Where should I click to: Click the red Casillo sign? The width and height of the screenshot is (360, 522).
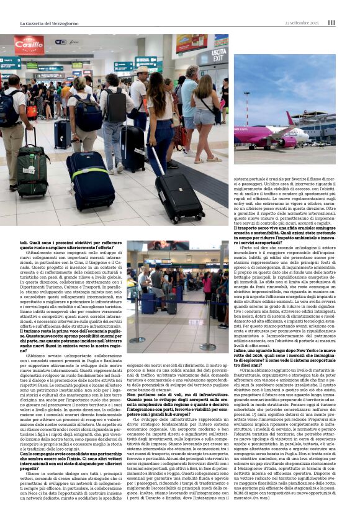pyautogui.click(x=29, y=46)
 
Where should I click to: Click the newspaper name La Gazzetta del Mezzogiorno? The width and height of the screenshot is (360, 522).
pyautogui.click(x=53, y=23)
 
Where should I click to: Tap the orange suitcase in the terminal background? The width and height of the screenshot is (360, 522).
pyautogui.click(x=32, y=111)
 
